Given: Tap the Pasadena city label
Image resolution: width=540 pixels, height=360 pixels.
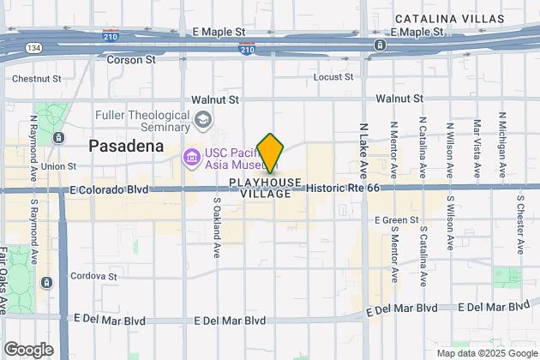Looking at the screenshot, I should coord(126,147).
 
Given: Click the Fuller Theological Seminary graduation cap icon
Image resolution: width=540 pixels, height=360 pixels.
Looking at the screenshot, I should coord(201,121).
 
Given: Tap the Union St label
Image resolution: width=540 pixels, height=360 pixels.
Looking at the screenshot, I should coord(58,166).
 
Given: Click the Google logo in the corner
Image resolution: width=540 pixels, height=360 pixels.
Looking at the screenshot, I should coord(28,349).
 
